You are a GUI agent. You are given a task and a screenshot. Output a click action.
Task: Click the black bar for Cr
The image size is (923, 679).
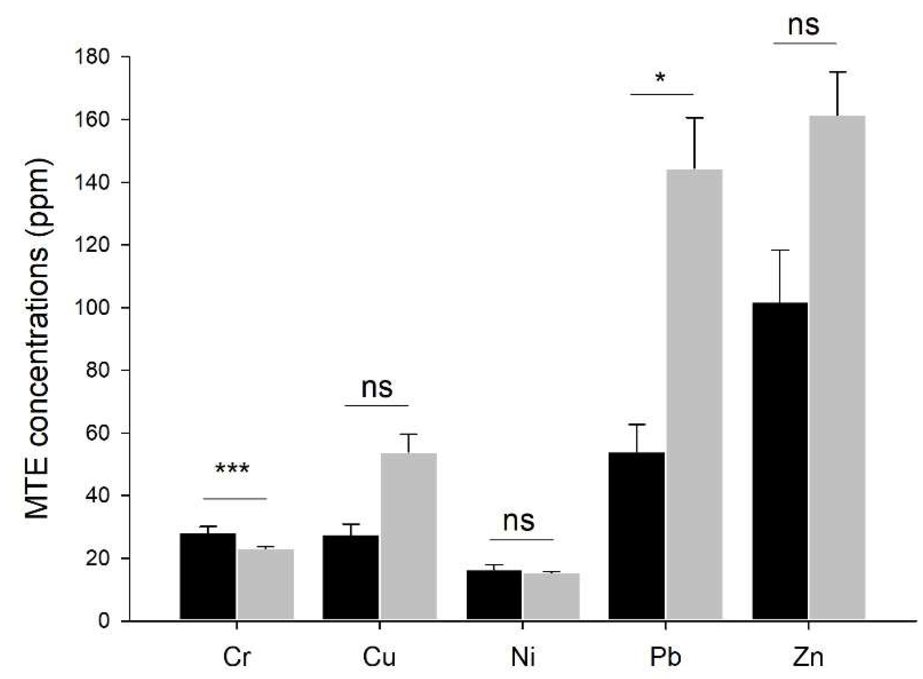(208, 576)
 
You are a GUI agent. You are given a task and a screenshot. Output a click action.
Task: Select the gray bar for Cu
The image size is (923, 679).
(408, 536)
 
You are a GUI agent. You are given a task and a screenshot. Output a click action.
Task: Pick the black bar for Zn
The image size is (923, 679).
(780, 460)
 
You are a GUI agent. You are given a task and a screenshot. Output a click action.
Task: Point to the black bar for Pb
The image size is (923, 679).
(637, 535)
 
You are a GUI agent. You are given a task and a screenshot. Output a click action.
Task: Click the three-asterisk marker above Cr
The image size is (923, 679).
(232, 469)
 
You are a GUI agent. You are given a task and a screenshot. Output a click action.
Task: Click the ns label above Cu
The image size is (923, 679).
(377, 388)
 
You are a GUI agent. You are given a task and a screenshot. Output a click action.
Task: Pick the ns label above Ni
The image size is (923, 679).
(518, 521)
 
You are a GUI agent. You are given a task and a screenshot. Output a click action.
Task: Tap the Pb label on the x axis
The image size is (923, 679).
(665, 658)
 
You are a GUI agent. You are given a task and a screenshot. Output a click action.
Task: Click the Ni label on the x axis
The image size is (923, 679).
(523, 658)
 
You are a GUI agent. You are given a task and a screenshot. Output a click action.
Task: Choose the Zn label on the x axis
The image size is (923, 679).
(808, 658)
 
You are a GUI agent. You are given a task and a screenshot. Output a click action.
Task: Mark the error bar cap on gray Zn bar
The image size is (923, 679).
(838, 73)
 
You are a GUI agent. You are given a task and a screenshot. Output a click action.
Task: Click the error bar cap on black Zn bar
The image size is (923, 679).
(780, 251)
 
